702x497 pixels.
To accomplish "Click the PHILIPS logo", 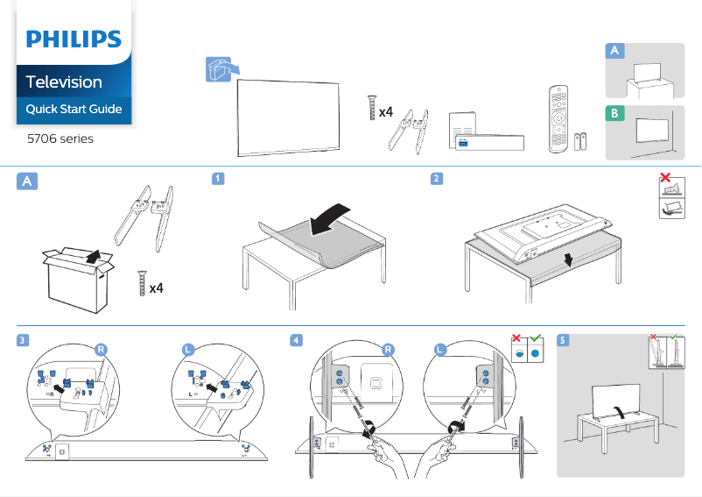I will (74, 39).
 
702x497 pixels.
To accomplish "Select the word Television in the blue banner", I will (64, 82).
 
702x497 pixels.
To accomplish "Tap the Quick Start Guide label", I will (74, 110).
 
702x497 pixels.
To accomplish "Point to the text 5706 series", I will (60, 138).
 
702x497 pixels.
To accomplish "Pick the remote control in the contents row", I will (558, 118).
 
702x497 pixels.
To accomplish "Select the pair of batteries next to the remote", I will (581, 143).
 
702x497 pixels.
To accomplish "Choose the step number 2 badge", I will (436, 179).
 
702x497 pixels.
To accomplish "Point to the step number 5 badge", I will (563, 340).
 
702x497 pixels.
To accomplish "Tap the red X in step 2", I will (665, 178).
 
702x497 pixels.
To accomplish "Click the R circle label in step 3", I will (102, 349).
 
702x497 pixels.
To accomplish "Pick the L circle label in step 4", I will (440, 349).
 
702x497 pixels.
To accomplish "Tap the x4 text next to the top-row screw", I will (385, 111).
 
